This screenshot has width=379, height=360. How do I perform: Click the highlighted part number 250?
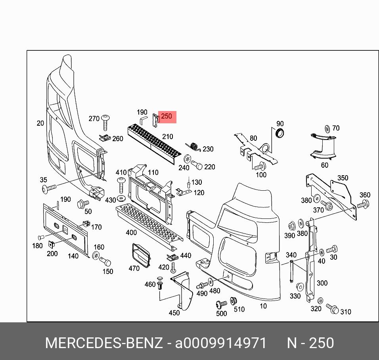(167, 117)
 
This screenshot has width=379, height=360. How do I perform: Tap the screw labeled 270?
(106, 122)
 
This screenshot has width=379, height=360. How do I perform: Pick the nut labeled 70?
(327, 128)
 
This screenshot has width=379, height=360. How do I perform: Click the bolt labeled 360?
(363, 205)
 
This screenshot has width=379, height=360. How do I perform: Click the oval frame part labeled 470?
(141, 254)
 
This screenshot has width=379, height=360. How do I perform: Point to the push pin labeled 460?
(161, 283)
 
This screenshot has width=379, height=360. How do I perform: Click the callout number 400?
(131, 232)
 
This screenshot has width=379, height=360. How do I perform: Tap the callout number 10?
(263, 306)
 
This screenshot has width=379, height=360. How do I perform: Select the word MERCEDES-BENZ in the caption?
(104, 343)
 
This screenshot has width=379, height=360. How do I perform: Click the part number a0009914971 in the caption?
(221, 343)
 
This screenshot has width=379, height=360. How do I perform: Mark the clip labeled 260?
(105, 138)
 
